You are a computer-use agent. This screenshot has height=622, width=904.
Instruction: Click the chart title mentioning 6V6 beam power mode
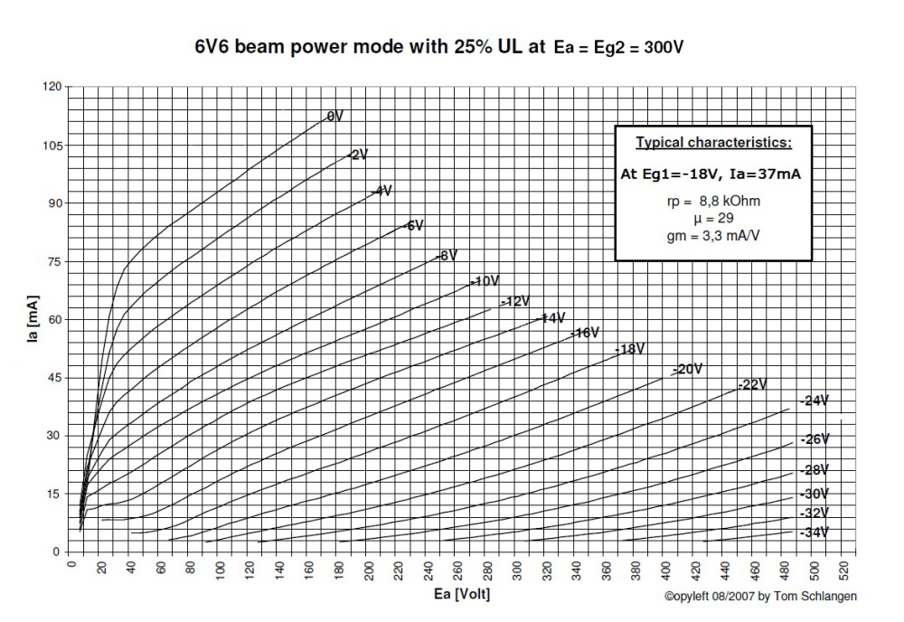pyautogui.click(x=438, y=46)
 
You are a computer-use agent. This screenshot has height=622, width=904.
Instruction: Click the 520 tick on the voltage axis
pyautogui.click(x=845, y=570)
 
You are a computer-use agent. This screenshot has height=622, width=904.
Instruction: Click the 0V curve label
pyautogui.click(x=334, y=117)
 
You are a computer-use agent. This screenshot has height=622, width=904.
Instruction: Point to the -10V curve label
pyautogui.click(x=485, y=281)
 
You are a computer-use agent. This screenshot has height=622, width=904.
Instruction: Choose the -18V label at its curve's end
pyautogui.click(x=629, y=349)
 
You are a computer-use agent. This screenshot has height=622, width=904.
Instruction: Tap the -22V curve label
pyautogui.click(x=752, y=384)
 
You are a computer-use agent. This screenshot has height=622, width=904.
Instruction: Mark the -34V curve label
pyautogui.click(x=815, y=533)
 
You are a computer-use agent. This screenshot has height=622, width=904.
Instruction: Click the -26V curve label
pyautogui.click(x=815, y=439)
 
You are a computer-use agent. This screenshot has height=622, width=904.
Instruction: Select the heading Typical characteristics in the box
pyautogui.click(x=713, y=143)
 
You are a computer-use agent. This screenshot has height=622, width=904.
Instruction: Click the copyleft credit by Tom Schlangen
pyautogui.click(x=761, y=596)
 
